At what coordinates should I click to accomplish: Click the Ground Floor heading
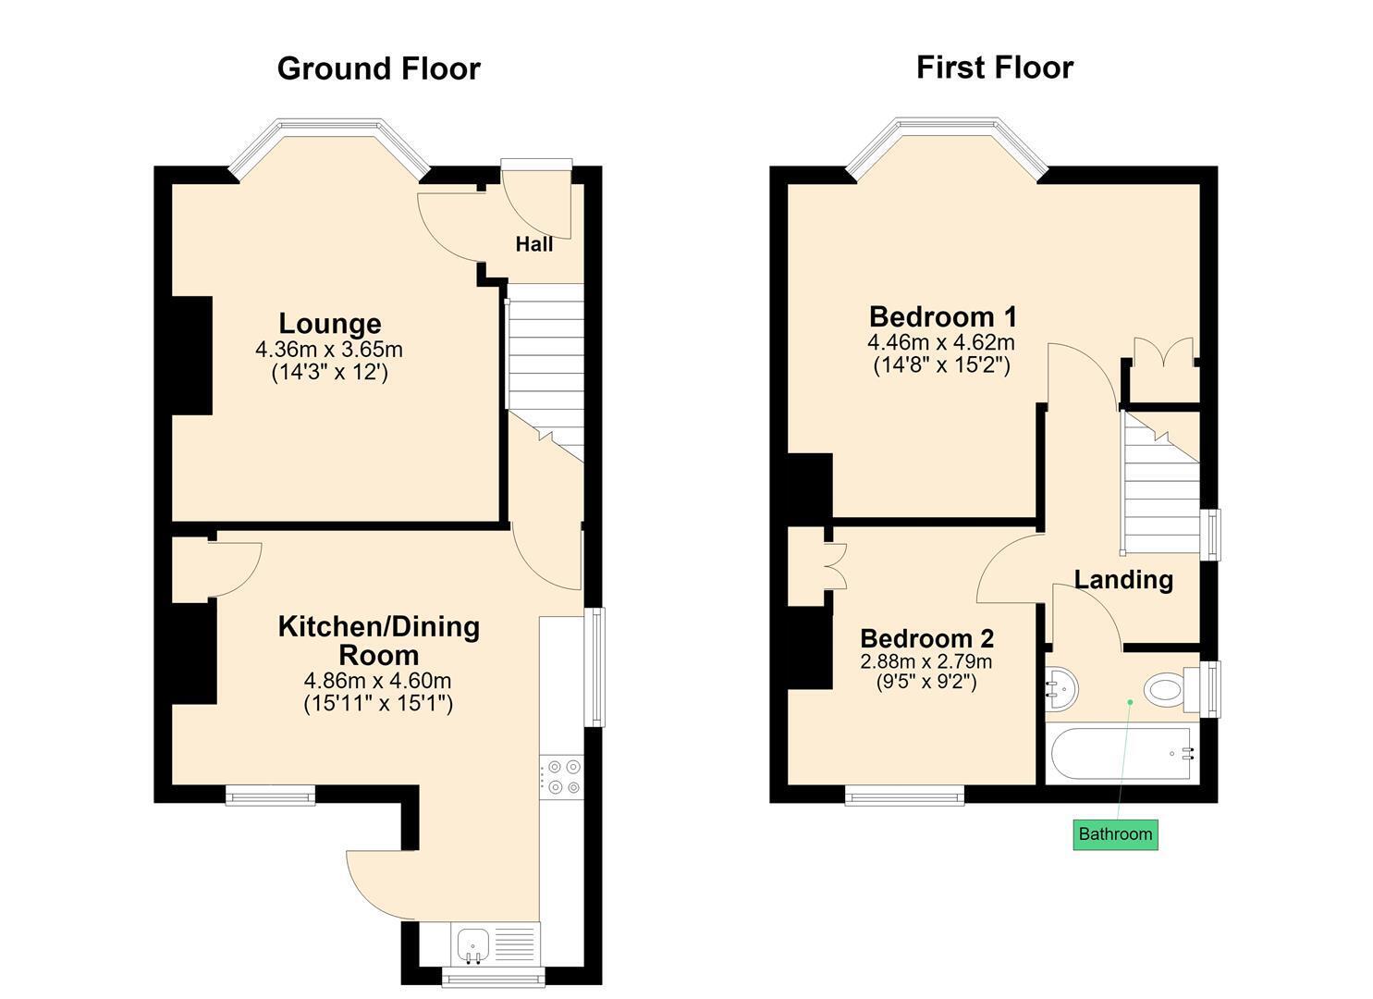click(378, 68)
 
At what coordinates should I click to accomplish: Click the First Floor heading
click(994, 68)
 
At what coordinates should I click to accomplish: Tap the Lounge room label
click(330, 323)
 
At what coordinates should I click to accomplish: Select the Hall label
click(533, 244)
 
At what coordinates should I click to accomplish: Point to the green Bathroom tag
click(1115, 834)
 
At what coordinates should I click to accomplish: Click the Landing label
click(1123, 580)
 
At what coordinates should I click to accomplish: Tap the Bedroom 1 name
click(943, 317)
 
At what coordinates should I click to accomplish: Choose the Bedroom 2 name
click(926, 638)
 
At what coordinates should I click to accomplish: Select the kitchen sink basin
click(473, 943)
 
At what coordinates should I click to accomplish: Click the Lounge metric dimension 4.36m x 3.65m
click(329, 350)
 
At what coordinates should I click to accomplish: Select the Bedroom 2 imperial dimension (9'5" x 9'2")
click(926, 682)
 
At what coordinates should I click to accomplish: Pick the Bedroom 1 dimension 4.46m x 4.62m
click(941, 342)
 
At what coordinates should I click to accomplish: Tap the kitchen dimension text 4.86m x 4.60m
click(377, 681)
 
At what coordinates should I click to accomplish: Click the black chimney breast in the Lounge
click(192, 356)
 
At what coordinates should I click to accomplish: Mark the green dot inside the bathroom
click(1130, 701)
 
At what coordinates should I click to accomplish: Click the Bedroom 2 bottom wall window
click(905, 795)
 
